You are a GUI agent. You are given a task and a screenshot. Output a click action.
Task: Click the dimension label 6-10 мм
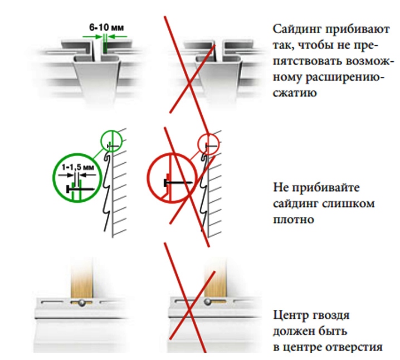[x=106, y=27]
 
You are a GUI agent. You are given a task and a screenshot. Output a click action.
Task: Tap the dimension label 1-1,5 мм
[x=78, y=167]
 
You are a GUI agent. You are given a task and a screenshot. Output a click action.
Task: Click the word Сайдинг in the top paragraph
[x=297, y=30]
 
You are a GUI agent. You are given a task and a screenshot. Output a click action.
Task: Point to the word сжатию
[x=295, y=93]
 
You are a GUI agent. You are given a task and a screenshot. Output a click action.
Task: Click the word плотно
[x=294, y=220]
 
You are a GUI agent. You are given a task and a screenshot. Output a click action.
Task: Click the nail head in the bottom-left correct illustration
[x=82, y=303]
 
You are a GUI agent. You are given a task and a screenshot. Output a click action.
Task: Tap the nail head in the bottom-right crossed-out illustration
[x=208, y=301]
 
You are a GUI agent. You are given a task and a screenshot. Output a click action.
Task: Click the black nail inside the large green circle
[x=80, y=189]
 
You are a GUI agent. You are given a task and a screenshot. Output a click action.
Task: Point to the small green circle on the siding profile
[x=111, y=140]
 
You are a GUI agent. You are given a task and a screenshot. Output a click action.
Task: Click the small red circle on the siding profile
[x=209, y=144]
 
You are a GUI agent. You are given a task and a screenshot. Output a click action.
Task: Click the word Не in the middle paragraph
[x=281, y=188]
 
